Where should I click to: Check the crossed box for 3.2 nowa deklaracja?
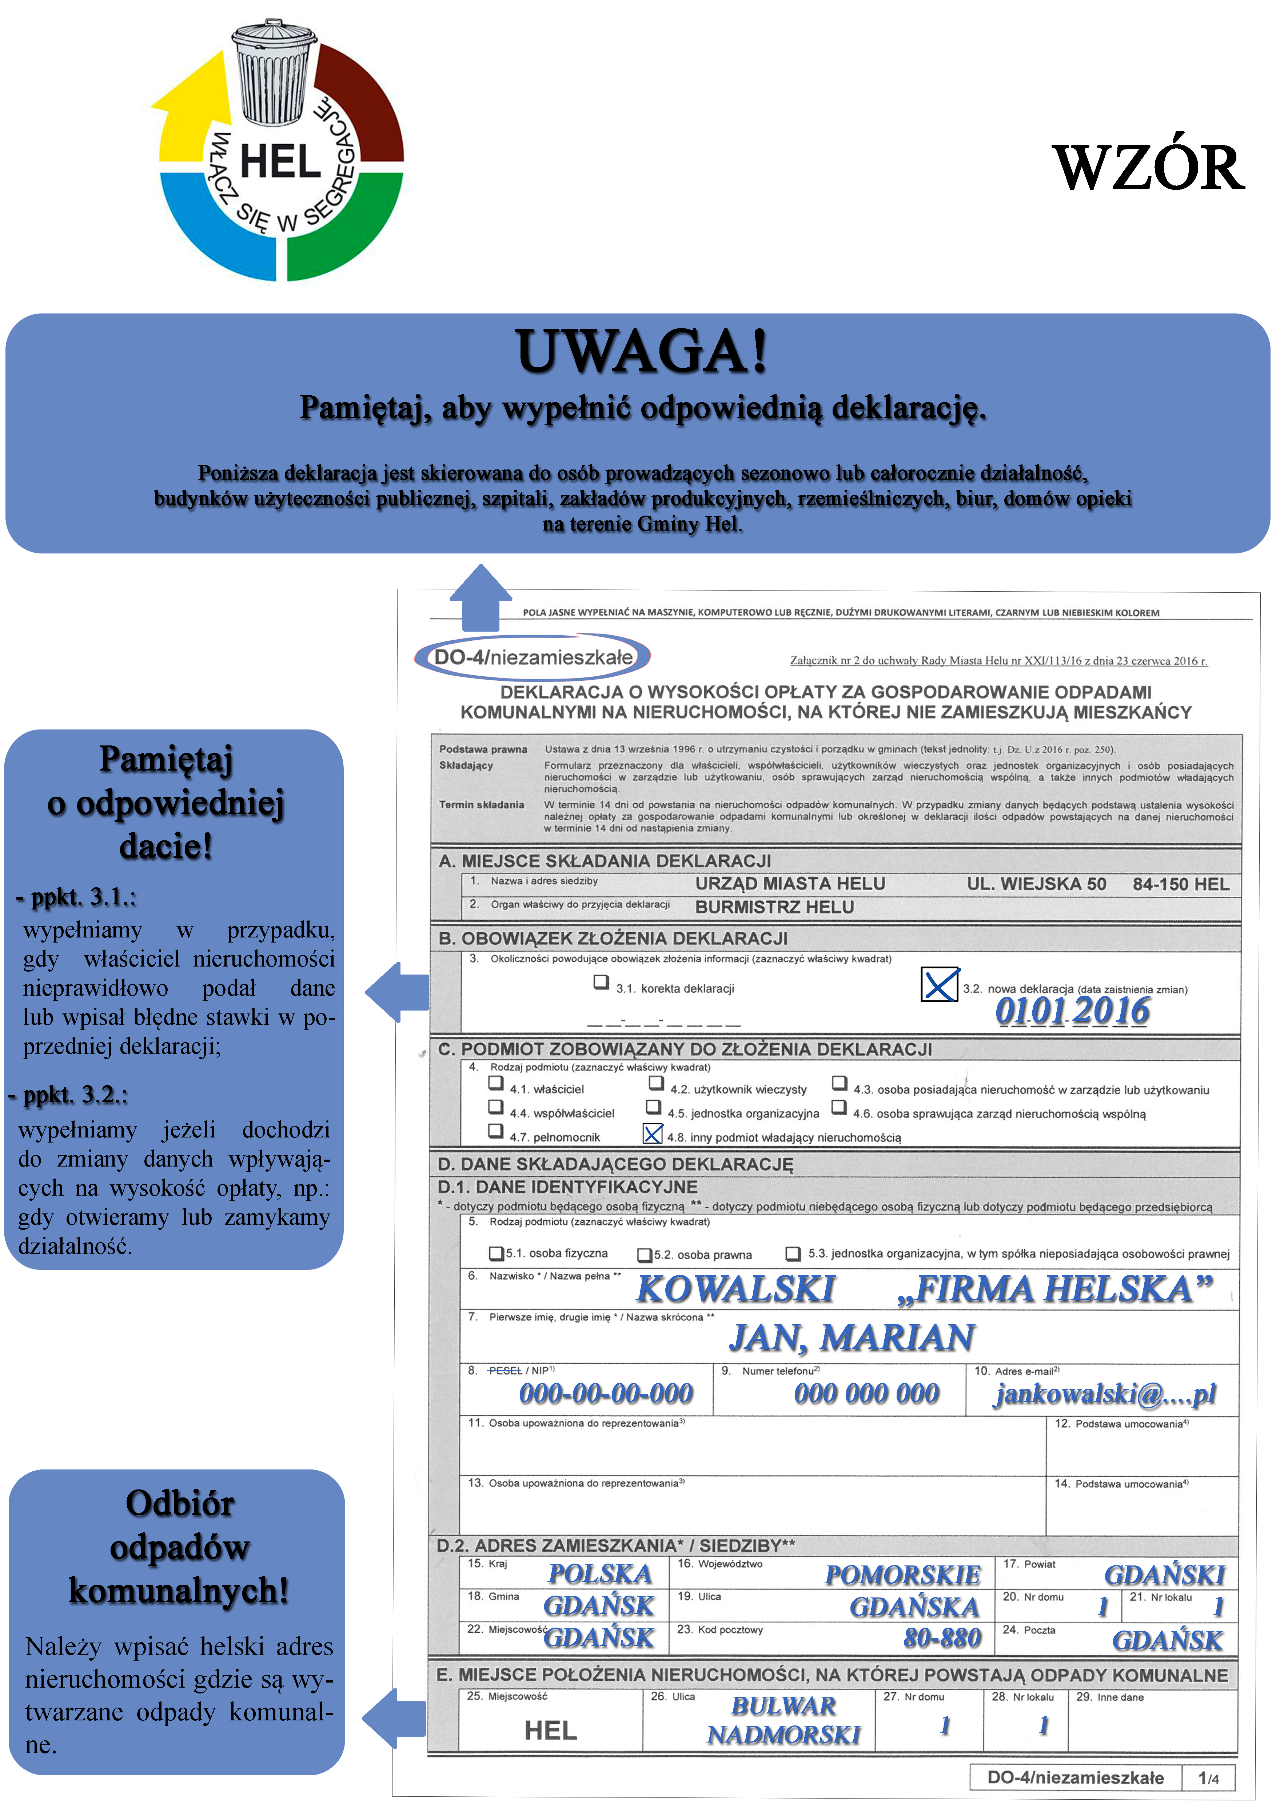[x=939, y=984]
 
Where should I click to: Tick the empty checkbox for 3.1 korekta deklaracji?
[x=601, y=982]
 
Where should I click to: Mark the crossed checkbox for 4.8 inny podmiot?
[x=652, y=1134]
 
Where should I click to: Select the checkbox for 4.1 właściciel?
[x=496, y=1084]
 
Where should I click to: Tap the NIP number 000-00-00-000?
[x=606, y=1394]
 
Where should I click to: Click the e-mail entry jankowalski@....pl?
[x=1104, y=1394]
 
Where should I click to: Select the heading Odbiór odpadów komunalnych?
[x=179, y=1547]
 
